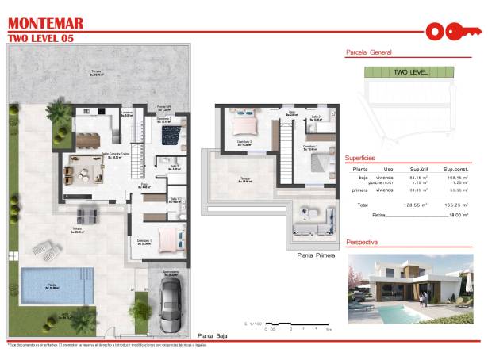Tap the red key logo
tap(453, 32)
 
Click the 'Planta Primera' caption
tap(315, 255)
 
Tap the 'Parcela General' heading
tap(369, 52)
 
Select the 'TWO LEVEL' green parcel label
tap(409, 72)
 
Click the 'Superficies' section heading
tap(364, 158)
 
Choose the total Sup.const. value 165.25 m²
tap(453, 205)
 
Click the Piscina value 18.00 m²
tap(455, 215)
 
